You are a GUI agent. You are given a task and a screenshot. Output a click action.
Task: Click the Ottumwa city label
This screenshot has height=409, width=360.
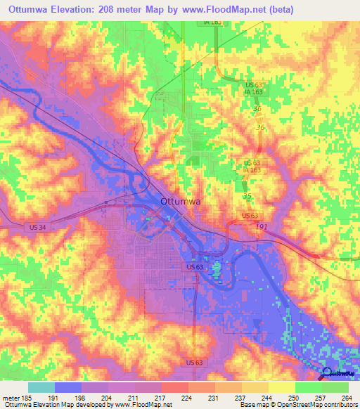[x=181, y=201]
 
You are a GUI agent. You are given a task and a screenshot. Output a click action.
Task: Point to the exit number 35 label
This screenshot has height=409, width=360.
[x=247, y=197]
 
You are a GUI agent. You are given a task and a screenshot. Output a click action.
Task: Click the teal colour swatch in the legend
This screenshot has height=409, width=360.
[x=41, y=387]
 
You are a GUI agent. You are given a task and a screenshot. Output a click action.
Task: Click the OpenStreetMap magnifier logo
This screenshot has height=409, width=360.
[x=327, y=375]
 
